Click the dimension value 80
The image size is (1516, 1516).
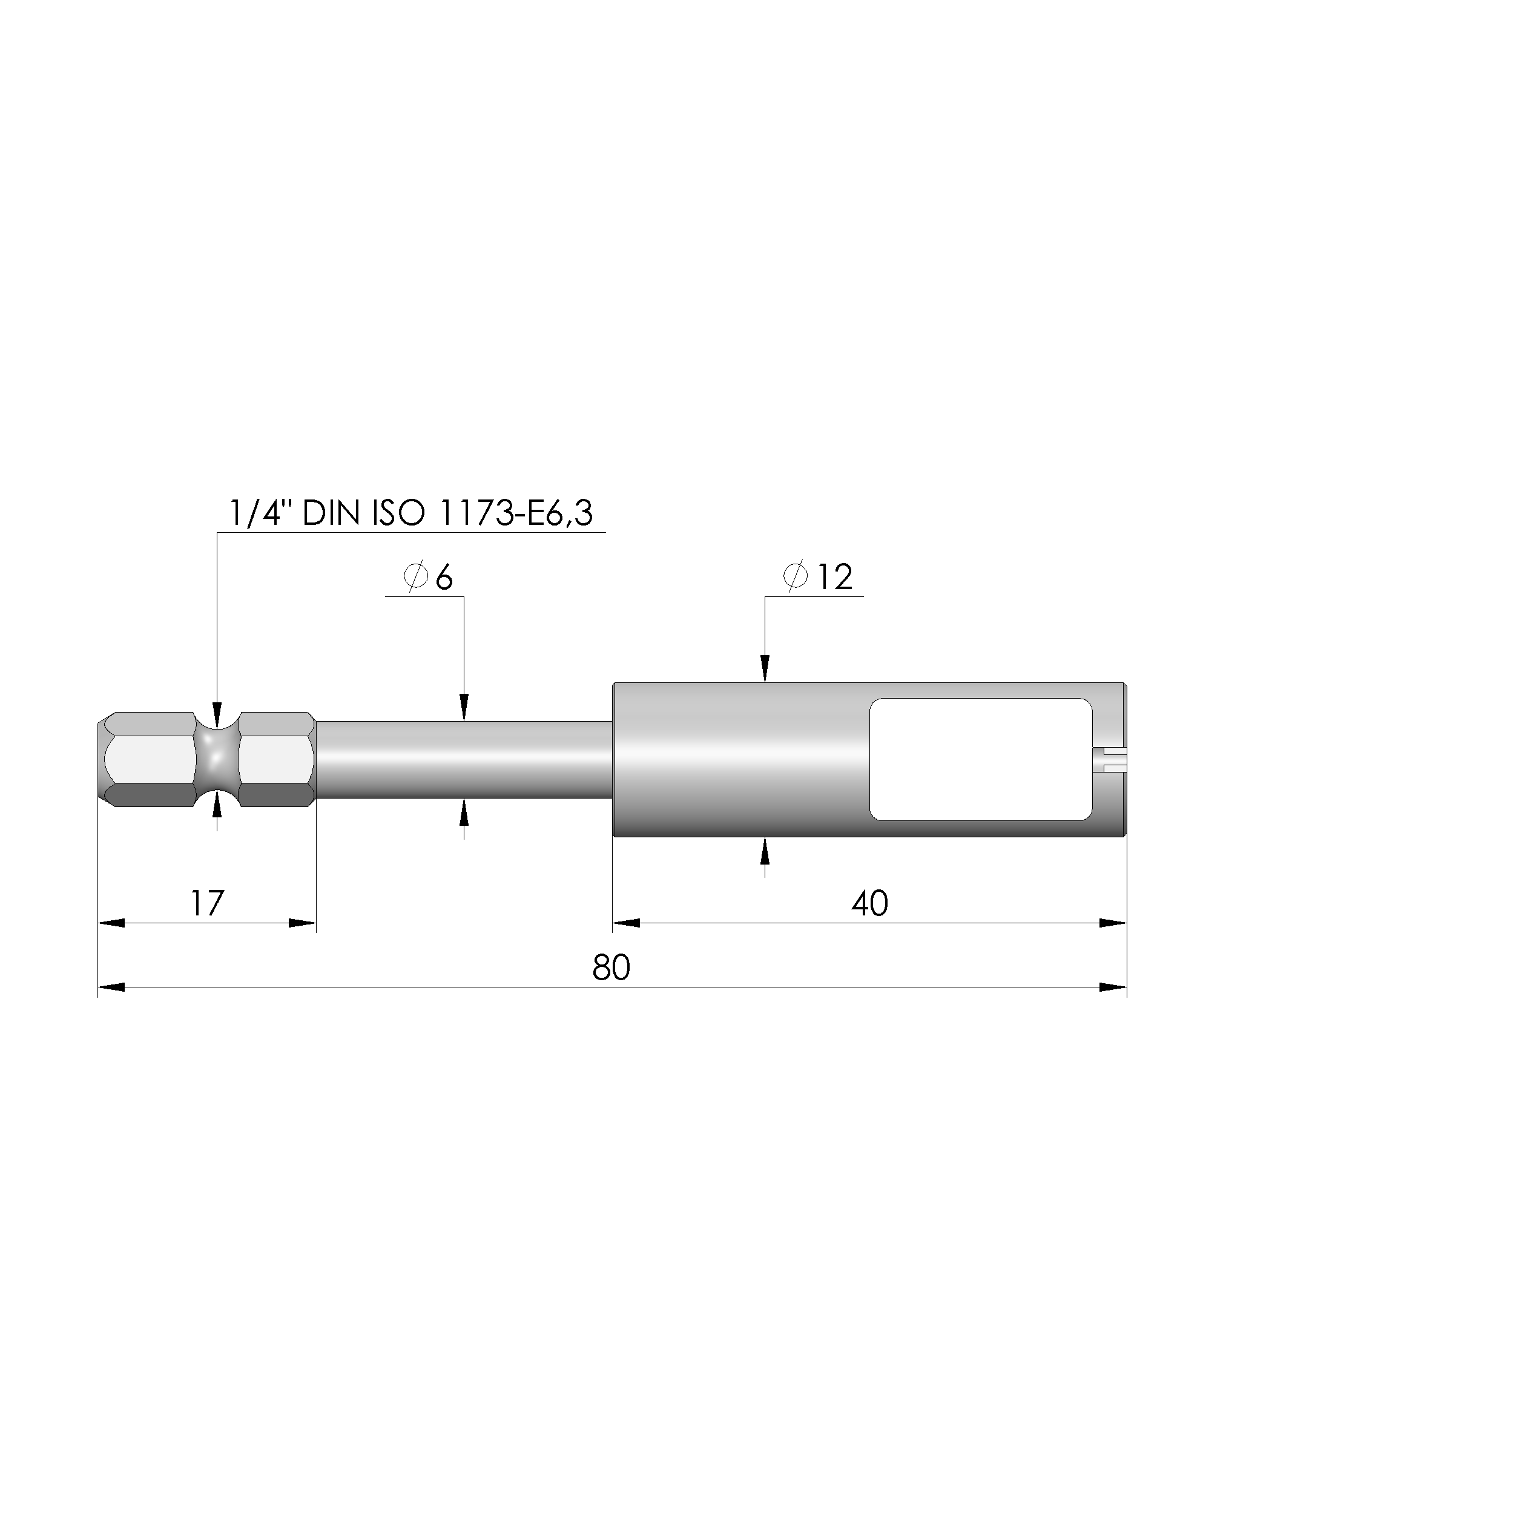point(611,967)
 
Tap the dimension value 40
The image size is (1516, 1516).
point(869,903)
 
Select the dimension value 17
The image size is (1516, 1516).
point(207,903)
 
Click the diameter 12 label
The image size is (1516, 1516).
point(818,578)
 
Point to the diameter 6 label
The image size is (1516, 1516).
point(429,578)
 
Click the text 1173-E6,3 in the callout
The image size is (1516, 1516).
point(516,513)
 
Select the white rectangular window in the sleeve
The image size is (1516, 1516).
point(981,759)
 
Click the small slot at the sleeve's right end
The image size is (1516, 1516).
point(1110,758)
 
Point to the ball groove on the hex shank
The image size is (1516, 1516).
point(217,759)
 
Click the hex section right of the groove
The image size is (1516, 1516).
point(276,759)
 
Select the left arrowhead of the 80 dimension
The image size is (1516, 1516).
point(111,987)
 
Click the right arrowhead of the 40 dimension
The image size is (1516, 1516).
point(1113,923)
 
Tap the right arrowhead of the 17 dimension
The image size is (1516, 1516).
point(303,923)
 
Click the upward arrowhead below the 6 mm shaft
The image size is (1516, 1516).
point(464,813)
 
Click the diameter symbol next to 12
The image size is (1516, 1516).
point(795,577)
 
